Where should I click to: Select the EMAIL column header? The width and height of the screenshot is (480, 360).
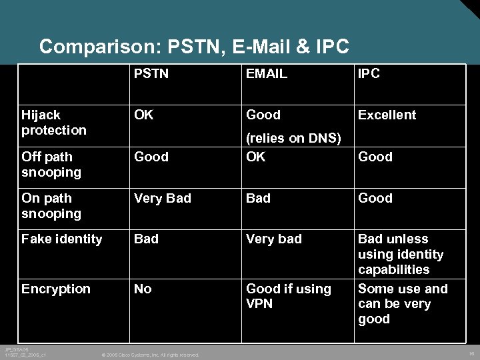click(267, 74)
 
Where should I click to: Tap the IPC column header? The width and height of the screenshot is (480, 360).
click(369, 74)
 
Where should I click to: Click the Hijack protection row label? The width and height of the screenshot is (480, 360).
click(54, 123)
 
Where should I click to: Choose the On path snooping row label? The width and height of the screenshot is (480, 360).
click(51, 206)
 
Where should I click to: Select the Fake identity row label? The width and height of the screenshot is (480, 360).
click(62, 239)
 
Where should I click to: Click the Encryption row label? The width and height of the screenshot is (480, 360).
click(56, 289)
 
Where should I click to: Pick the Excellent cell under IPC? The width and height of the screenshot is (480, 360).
click(387, 115)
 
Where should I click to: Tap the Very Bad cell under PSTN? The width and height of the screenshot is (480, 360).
click(163, 198)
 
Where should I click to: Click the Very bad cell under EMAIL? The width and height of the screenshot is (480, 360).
click(274, 239)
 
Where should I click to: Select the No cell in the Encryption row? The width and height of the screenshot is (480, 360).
click(143, 289)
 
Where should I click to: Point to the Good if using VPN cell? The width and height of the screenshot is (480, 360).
click(289, 296)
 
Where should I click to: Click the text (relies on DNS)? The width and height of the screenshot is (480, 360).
click(294, 139)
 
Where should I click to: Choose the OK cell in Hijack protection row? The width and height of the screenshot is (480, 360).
click(143, 115)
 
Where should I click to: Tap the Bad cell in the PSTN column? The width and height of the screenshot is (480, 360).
click(147, 239)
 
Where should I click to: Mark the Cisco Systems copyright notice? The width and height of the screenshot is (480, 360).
click(149, 355)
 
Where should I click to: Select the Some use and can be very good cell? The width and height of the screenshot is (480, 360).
click(403, 304)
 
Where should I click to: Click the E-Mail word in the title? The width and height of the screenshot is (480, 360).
click(261, 47)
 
